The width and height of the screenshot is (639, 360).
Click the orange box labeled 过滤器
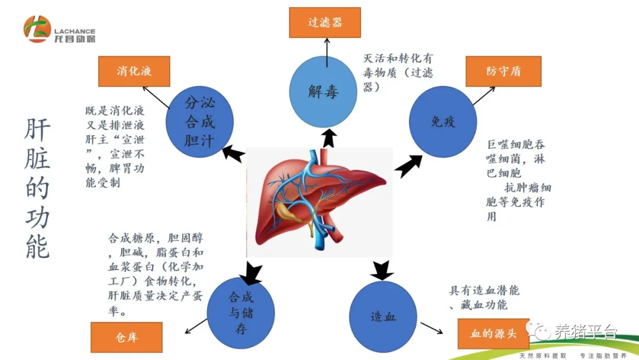coord(325,22)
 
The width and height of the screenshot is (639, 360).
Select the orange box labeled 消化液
coord(134,71)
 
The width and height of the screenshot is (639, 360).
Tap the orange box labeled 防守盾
coord(504,71)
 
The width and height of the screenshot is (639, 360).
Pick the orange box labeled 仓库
coord(126,337)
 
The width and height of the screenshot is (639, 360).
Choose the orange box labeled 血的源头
coord(493,333)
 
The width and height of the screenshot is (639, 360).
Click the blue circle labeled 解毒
coord(324,92)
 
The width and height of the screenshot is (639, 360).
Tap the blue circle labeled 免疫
coord(443,123)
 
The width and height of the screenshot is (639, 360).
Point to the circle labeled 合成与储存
coord(240,314)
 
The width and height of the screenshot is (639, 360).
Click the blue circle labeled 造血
coord(383,316)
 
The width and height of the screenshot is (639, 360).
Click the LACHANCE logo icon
coord(37,29)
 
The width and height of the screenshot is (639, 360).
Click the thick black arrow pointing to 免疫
coord(408,166)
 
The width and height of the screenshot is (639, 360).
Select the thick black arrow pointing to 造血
coord(381,270)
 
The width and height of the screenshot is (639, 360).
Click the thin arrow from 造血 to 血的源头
coord(434,327)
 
